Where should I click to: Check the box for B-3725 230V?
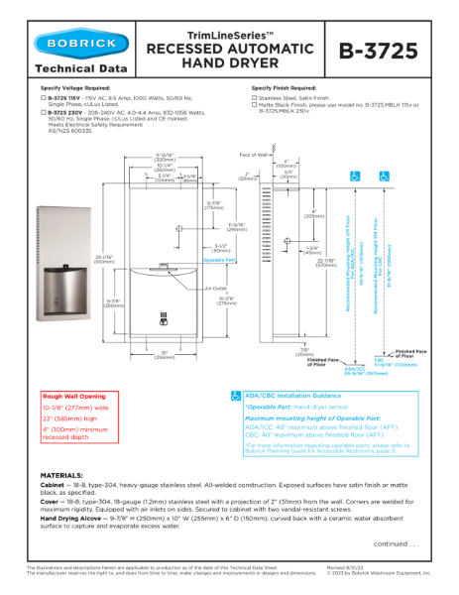pos(44,114)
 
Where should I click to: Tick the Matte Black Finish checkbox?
pos(255,107)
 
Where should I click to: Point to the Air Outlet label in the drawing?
pos(217,289)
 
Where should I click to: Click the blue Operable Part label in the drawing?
pos(218,260)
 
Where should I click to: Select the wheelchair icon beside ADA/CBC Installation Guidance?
pos(236,396)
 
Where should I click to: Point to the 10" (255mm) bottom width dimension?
pos(164,356)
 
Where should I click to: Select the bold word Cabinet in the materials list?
pos(57,486)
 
